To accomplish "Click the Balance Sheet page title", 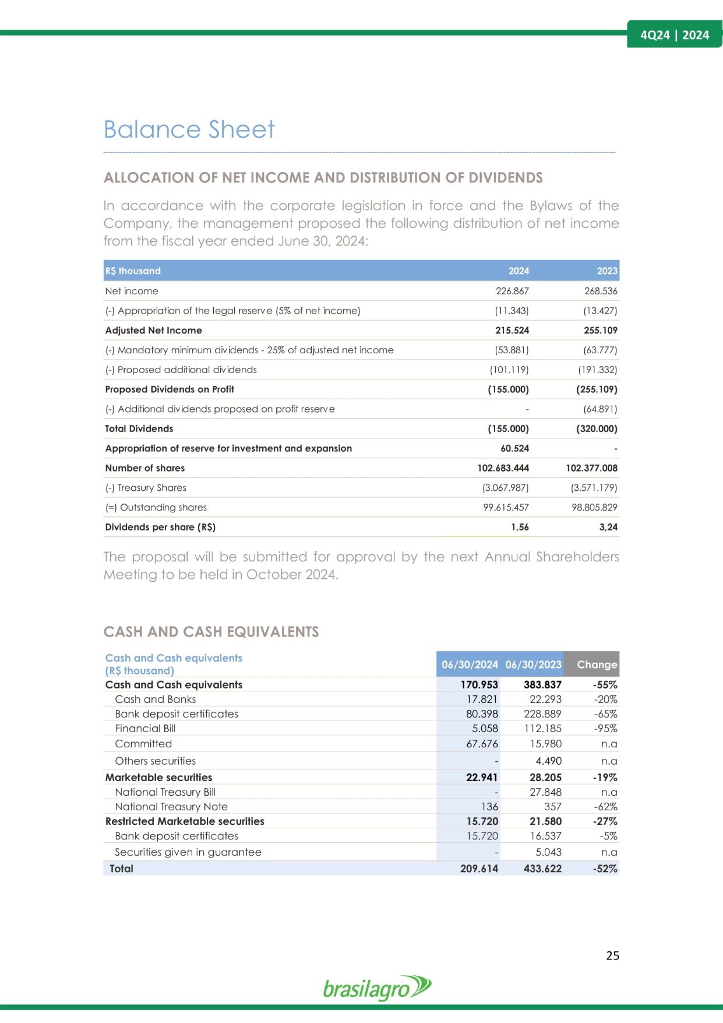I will pyautogui.click(x=189, y=129).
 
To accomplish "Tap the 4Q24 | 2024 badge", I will pyautogui.click(x=674, y=35).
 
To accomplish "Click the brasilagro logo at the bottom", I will pyautogui.click(x=377, y=988).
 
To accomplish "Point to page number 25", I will pyautogui.click(x=612, y=955).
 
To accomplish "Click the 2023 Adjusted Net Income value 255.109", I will pyautogui.click(x=600, y=331).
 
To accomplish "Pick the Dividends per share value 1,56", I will pyautogui.click(x=520, y=527).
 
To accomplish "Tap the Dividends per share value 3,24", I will pyautogui.click(x=608, y=527).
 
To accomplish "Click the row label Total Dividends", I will pyautogui.click(x=139, y=428).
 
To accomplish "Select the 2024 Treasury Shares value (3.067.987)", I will pyautogui.click(x=505, y=488).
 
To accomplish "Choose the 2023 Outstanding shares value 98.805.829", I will pyautogui.click(x=594, y=507).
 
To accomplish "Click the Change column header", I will pyautogui.click(x=597, y=665).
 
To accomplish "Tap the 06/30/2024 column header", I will pyautogui.click(x=470, y=665).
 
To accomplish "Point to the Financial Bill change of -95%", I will pyautogui.click(x=605, y=729).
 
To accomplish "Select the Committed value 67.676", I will pyautogui.click(x=482, y=744).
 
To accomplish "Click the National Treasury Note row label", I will pyautogui.click(x=171, y=807).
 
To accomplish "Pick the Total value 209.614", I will pyautogui.click(x=479, y=869).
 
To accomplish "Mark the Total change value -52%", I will pyautogui.click(x=605, y=869).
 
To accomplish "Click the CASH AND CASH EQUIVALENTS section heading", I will pyautogui.click(x=211, y=632).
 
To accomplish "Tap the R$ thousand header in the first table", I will pyautogui.click(x=133, y=271).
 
